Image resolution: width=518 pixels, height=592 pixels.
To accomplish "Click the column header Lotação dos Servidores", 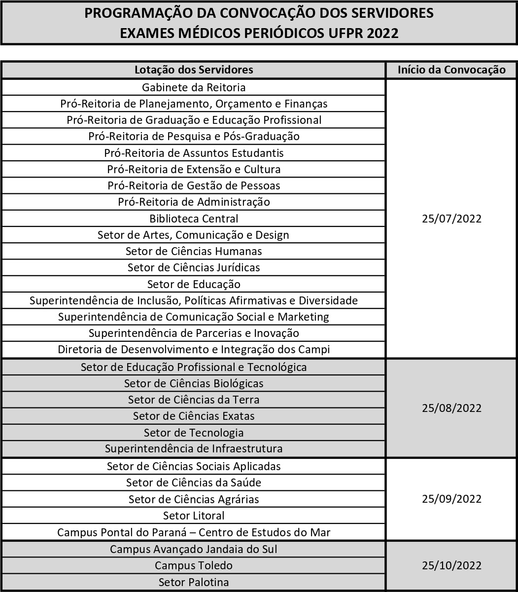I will tap(194, 70).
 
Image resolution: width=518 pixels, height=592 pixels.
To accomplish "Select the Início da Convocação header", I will tap(451, 70).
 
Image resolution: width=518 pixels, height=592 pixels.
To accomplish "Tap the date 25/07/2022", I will tap(451, 219).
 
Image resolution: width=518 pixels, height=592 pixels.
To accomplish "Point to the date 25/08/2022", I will tap(451, 408).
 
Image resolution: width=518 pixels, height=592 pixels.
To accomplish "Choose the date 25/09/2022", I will tap(451, 499).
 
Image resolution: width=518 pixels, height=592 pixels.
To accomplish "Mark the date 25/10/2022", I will tap(451, 565).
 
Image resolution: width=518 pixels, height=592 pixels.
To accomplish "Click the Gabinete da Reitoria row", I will tap(194, 87).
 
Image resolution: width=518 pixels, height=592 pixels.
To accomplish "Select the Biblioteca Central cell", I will tap(194, 218).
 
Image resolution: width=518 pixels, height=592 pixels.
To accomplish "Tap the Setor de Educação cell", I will tap(194, 284).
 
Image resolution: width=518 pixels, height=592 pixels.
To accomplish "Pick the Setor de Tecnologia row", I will tap(194, 433).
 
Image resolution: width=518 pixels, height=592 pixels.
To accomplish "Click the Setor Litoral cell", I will tap(194, 516).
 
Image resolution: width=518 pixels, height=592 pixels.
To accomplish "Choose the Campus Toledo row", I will tap(194, 565).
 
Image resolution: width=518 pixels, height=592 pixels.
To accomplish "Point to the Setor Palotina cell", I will tap(194, 582).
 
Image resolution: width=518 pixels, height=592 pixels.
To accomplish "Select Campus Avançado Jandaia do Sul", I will tap(194, 549).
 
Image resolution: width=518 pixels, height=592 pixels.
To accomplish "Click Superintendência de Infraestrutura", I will tap(194, 449).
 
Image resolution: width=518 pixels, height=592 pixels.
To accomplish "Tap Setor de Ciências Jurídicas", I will tap(194, 267).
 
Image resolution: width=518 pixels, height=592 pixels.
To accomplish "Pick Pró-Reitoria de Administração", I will tap(194, 202).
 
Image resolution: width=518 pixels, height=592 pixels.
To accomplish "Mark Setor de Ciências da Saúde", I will tap(194, 482).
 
